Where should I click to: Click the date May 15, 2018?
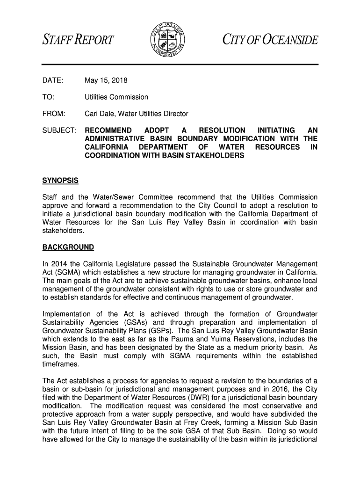click(106, 80)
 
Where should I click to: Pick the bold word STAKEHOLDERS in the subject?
click(216, 156)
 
